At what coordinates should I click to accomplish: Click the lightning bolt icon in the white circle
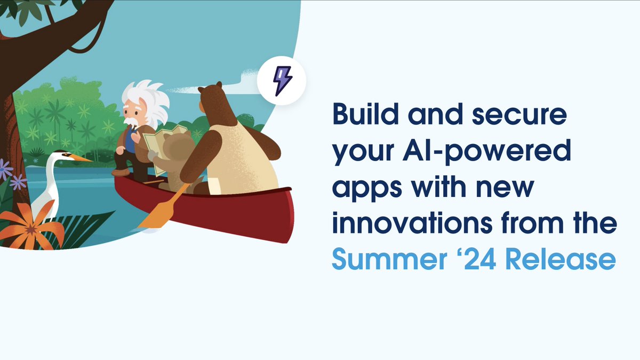pyautogui.click(x=281, y=81)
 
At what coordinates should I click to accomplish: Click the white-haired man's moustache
pyautogui.click(x=130, y=122)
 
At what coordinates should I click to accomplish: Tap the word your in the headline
pyautogui.click(x=363, y=154)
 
